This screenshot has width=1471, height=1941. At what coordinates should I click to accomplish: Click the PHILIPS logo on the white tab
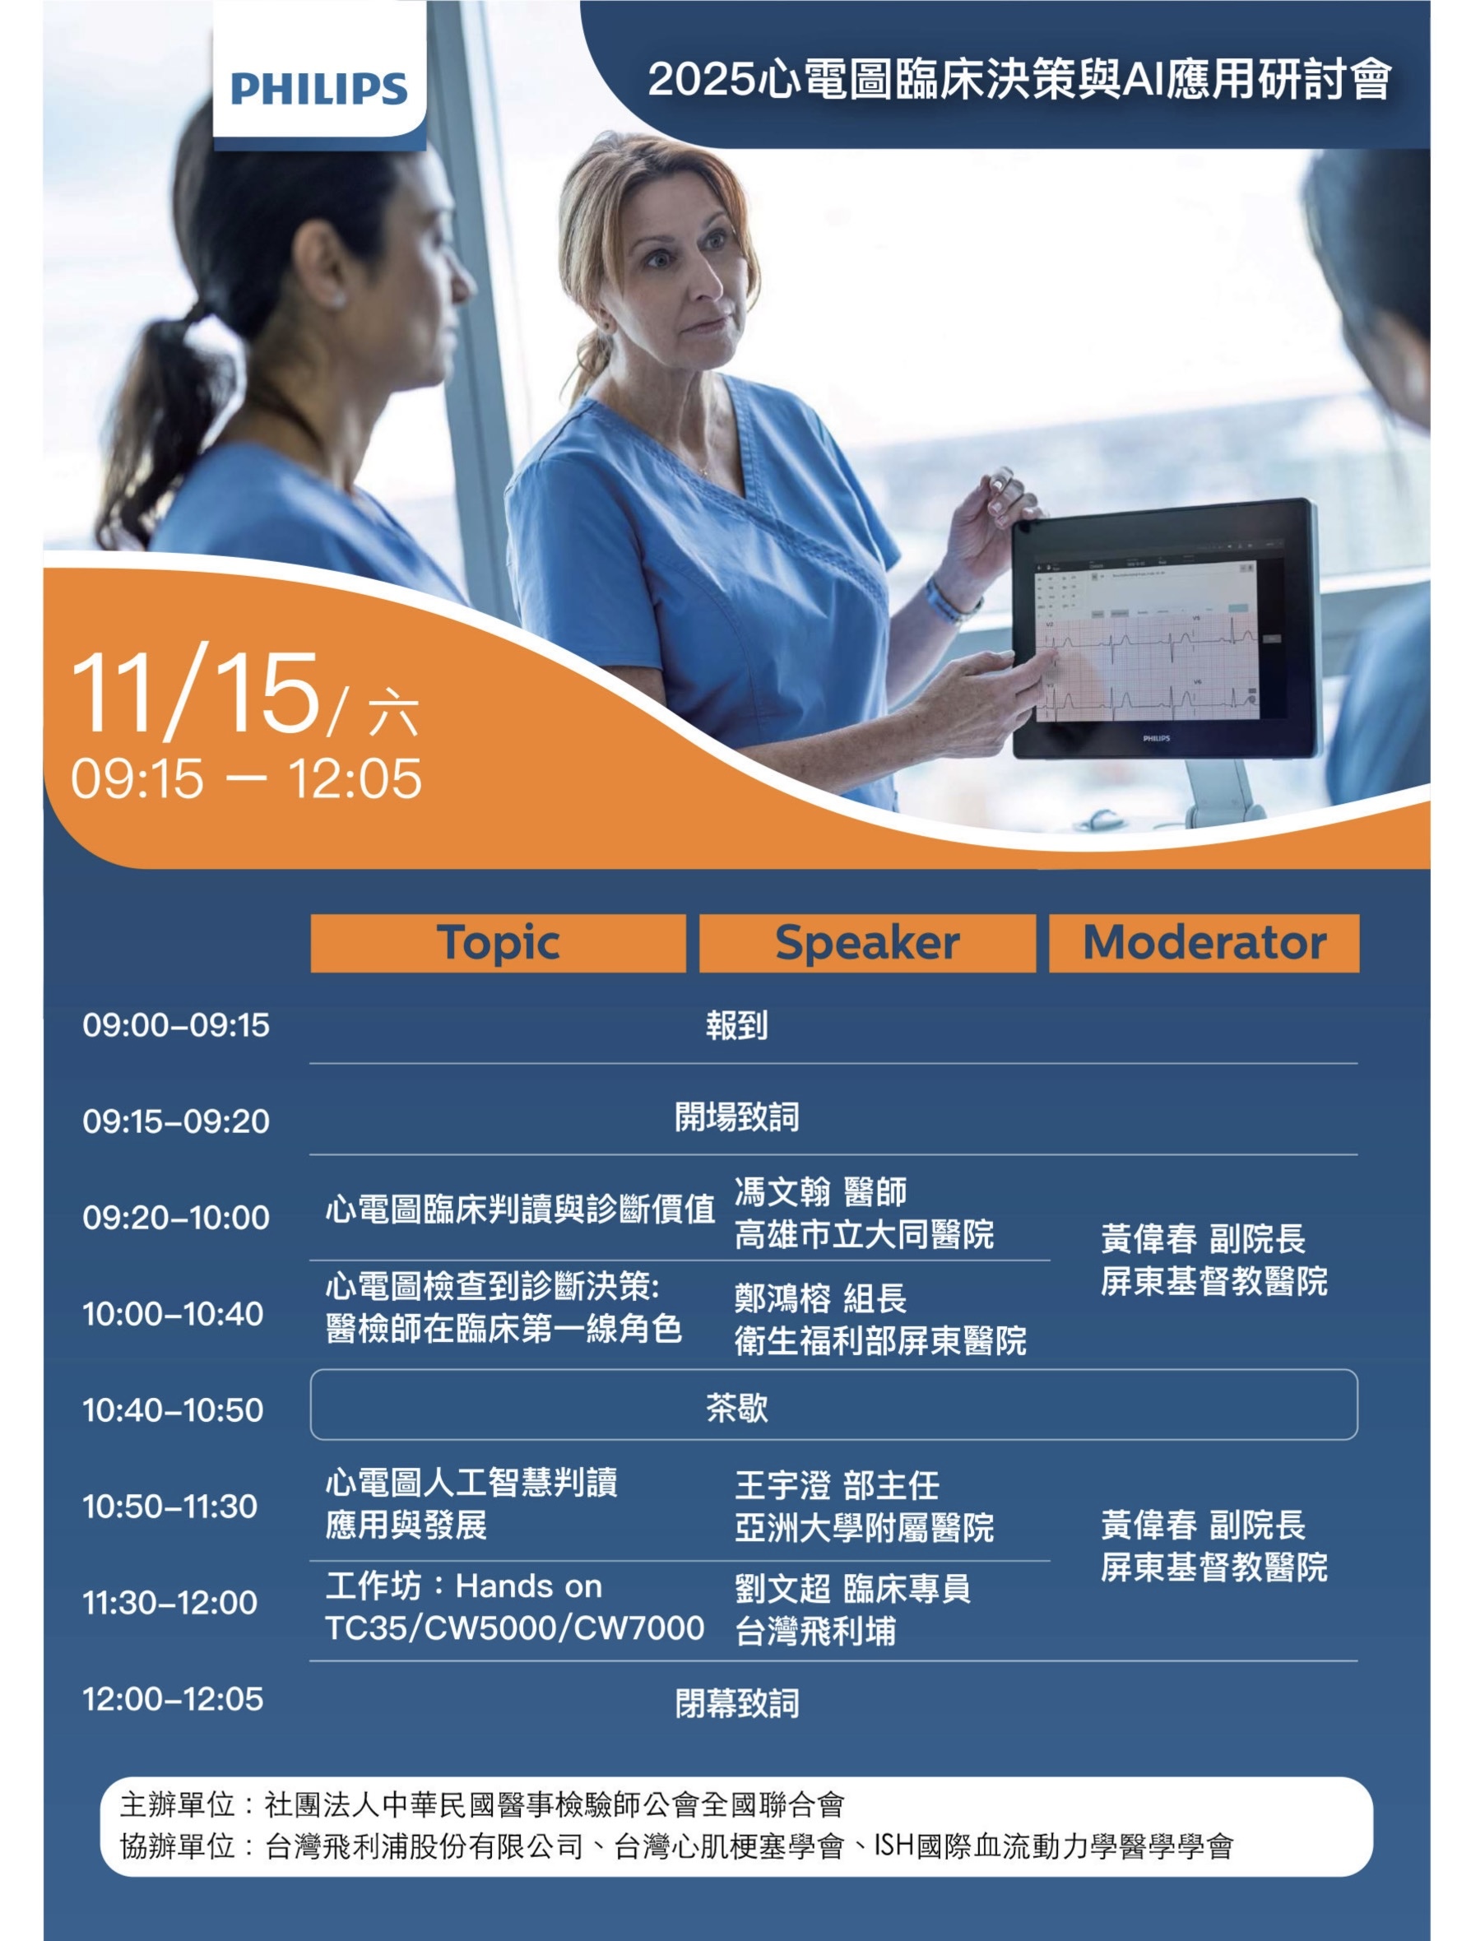coord(319,89)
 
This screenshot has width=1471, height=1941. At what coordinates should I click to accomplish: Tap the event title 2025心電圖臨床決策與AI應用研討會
coord(1019,80)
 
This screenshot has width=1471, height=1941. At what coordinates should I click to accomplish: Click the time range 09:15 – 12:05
coord(247,778)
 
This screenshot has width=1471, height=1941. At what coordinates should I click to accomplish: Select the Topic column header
coord(499,943)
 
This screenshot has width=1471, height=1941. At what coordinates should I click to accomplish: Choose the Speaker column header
coord(866,943)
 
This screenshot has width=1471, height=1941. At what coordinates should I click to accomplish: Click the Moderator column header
coord(1204,943)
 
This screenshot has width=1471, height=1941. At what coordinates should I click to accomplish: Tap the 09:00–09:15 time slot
coord(176,1025)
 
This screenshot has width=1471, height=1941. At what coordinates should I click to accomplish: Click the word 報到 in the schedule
coord(737,1025)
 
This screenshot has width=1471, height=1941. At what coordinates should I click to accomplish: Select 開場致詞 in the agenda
coord(737,1117)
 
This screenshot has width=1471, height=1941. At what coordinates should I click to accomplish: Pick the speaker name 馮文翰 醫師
coord(820,1191)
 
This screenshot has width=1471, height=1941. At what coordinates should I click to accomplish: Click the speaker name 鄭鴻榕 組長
coord(820,1298)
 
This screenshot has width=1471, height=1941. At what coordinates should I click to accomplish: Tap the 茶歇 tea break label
coord(737,1409)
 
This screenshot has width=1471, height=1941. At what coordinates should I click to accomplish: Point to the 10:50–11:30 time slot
coord(170,1507)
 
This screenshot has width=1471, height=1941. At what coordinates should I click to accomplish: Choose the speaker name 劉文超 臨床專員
coord(852,1588)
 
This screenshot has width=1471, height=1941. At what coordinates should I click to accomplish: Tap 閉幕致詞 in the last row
coord(737,1703)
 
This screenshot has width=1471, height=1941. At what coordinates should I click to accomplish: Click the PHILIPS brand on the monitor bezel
coord(1155,739)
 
